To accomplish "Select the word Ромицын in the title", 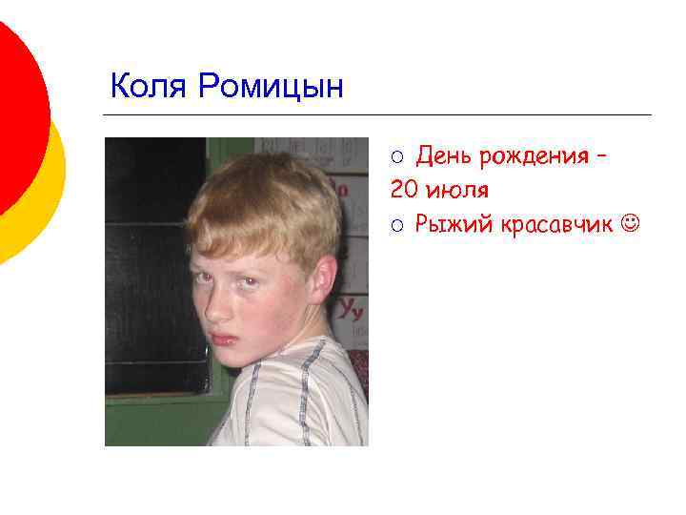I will point(271,88).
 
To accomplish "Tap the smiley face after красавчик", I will point(631,225).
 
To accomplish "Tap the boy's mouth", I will point(224,337).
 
